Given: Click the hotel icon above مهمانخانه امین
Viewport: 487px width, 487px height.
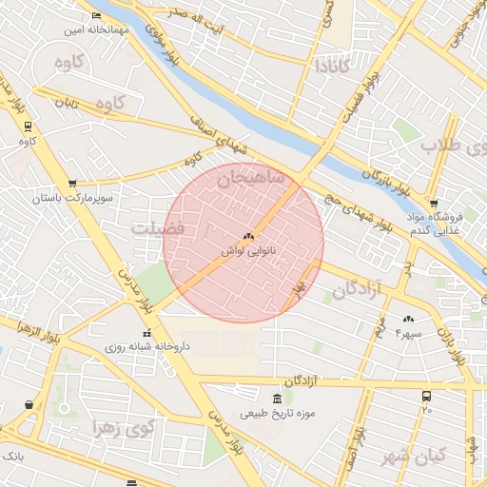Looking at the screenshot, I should tap(95, 16).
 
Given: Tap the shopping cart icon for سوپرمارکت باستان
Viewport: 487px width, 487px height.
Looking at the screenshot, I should tap(72, 185).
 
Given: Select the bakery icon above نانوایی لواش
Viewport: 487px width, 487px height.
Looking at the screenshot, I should tap(248, 235).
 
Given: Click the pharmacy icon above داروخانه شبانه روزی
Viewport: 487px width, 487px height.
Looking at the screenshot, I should tap(146, 333).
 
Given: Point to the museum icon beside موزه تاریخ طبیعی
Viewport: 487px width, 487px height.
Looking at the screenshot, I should tap(277, 398).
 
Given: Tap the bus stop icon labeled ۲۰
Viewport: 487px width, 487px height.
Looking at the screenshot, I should tap(426, 395).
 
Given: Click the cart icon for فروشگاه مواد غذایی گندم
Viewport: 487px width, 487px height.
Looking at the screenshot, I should tap(434, 204).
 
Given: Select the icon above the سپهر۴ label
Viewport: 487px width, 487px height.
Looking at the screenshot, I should tap(409, 319).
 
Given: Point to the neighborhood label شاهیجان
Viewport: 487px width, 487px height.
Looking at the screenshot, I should tap(250, 178).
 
